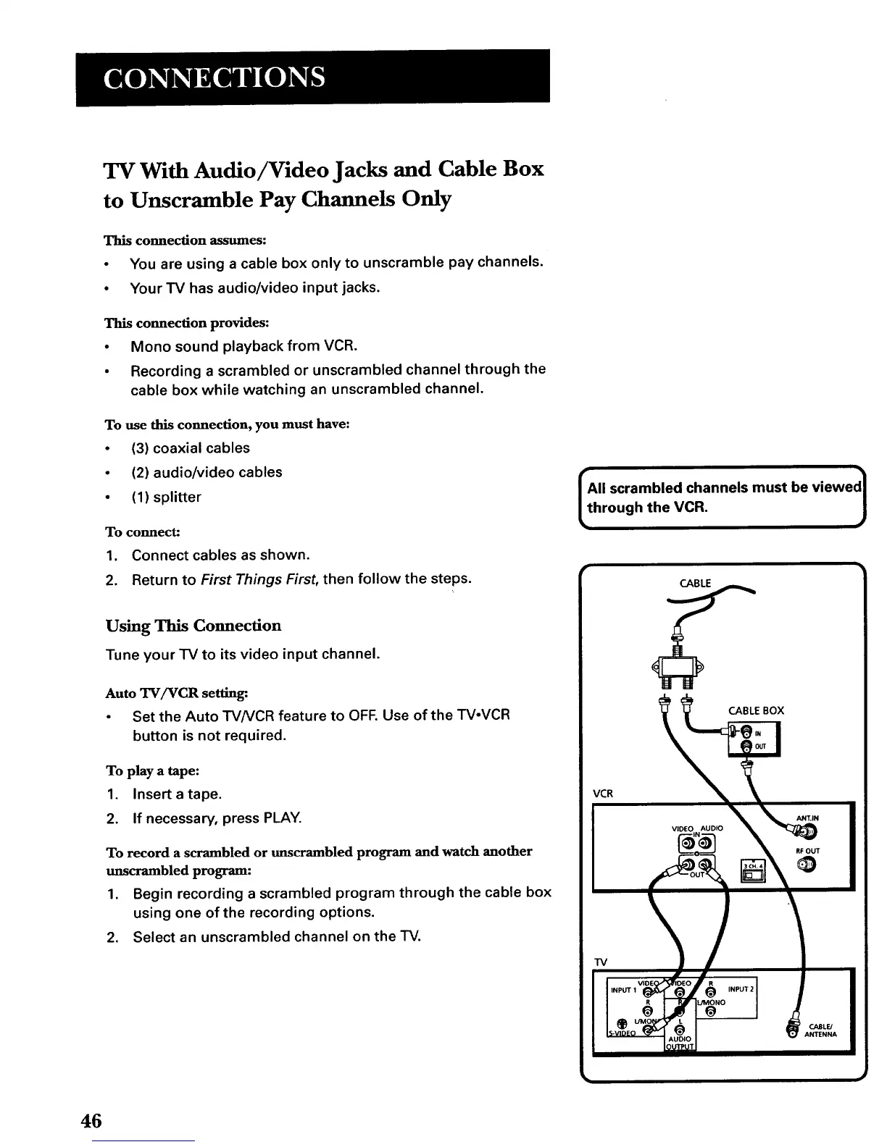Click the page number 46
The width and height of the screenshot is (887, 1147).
(x=91, y=1121)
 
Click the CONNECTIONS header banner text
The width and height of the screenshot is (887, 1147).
(x=214, y=77)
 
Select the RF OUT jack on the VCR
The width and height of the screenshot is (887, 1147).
(x=806, y=865)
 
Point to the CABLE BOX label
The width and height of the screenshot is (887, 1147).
(x=756, y=710)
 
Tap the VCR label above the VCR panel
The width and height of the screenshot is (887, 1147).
(x=603, y=793)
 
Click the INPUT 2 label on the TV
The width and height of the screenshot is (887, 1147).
(x=738, y=988)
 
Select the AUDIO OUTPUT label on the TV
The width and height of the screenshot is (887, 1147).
(x=680, y=1043)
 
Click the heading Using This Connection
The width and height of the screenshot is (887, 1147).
(x=193, y=626)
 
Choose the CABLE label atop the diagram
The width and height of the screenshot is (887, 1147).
(x=695, y=584)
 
